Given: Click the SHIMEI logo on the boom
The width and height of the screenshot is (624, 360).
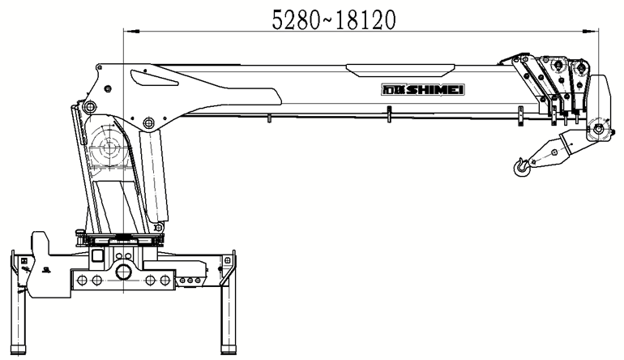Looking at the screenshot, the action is coord(423,90).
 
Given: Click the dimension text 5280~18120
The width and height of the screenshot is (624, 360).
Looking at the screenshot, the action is coord(334,20).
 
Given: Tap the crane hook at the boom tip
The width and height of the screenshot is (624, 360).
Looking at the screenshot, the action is coord(521,167).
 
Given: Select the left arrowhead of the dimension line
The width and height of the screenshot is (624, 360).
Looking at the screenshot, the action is coord(131,31).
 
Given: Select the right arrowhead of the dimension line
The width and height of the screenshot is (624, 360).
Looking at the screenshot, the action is coord(591,31).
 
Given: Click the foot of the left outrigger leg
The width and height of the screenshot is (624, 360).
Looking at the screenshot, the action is coord(18,350).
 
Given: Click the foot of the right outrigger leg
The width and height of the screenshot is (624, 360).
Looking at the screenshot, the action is coord(228,350).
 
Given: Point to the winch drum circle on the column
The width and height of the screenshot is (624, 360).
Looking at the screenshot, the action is coord(107,148).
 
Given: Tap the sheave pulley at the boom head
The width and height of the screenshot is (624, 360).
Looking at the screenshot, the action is coord(597,128).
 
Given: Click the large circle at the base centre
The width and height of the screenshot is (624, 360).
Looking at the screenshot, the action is coord(124,272).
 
